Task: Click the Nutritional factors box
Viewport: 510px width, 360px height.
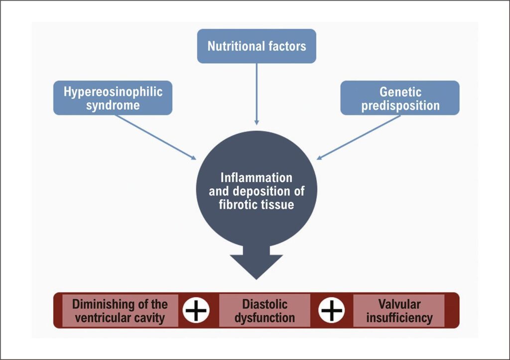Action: coord(256,46)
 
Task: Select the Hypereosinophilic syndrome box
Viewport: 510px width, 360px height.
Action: coord(113,98)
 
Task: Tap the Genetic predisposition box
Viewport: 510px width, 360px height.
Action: coord(400,98)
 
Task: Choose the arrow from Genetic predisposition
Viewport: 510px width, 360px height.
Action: coord(359,137)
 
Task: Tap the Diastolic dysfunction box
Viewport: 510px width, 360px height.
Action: coord(264,310)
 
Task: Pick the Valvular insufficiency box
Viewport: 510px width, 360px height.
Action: coord(399,310)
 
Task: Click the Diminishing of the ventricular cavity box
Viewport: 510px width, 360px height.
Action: coord(120,310)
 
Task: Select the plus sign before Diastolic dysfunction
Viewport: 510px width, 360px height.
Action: coord(196,310)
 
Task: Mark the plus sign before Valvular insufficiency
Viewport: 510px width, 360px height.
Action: coord(332,310)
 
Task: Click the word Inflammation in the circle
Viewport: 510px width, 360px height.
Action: coord(256,178)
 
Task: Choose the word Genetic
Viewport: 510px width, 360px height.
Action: coord(400,92)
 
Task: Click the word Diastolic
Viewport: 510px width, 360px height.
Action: coord(264,304)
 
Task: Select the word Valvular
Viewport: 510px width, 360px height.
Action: coord(399,304)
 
